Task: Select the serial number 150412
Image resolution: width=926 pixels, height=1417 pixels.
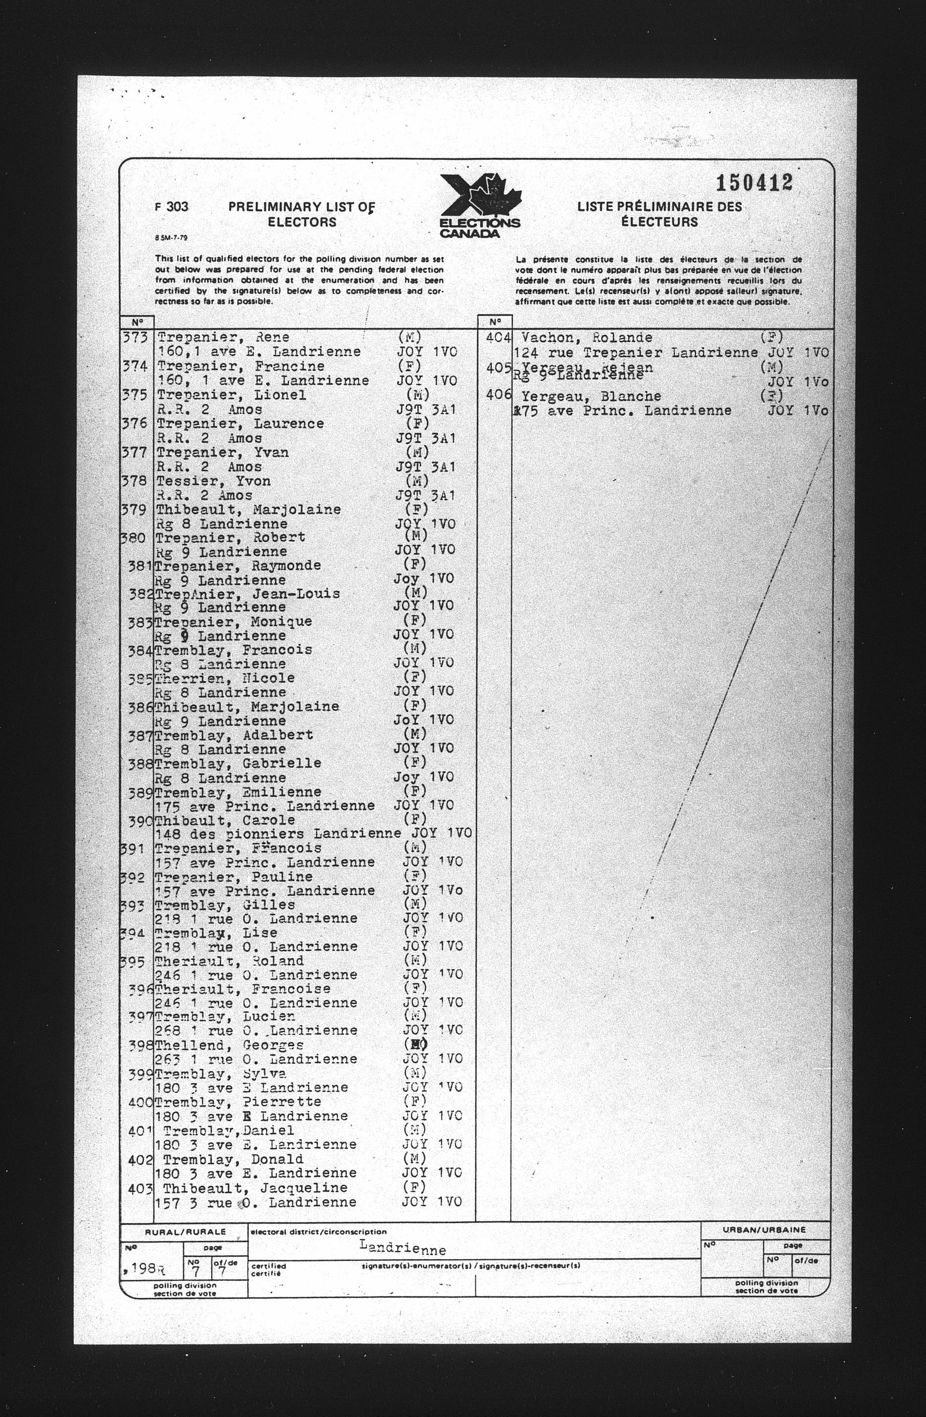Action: pyautogui.click(x=753, y=183)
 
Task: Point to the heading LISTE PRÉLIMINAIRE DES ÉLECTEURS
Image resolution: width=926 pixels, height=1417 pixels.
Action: pyautogui.click(x=659, y=214)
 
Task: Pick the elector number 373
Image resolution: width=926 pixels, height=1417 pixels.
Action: pyautogui.click(x=135, y=337)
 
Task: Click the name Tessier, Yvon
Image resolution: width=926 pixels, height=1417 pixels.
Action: pyautogui.click(x=213, y=481)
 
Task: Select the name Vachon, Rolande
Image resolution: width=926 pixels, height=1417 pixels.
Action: pyautogui.click(x=586, y=337)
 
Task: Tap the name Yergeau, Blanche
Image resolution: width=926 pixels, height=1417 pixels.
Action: pyautogui.click(x=591, y=396)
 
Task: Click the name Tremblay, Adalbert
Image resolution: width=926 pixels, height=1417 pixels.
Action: pyautogui.click(x=233, y=735)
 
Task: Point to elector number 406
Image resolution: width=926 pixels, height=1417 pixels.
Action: pyautogui.click(x=499, y=395)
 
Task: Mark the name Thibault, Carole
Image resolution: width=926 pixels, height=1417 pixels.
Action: pyautogui.click(x=225, y=820)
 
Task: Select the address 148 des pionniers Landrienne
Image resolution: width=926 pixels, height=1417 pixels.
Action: pyautogui.click(x=278, y=834)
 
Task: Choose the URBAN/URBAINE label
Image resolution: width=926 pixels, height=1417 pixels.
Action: pyautogui.click(x=764, y=1229)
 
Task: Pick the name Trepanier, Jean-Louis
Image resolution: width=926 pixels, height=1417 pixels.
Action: pyautogui.click(x=247, y=594)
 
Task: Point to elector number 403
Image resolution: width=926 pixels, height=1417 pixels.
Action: pyautogui.click(x=141, y=1188)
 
